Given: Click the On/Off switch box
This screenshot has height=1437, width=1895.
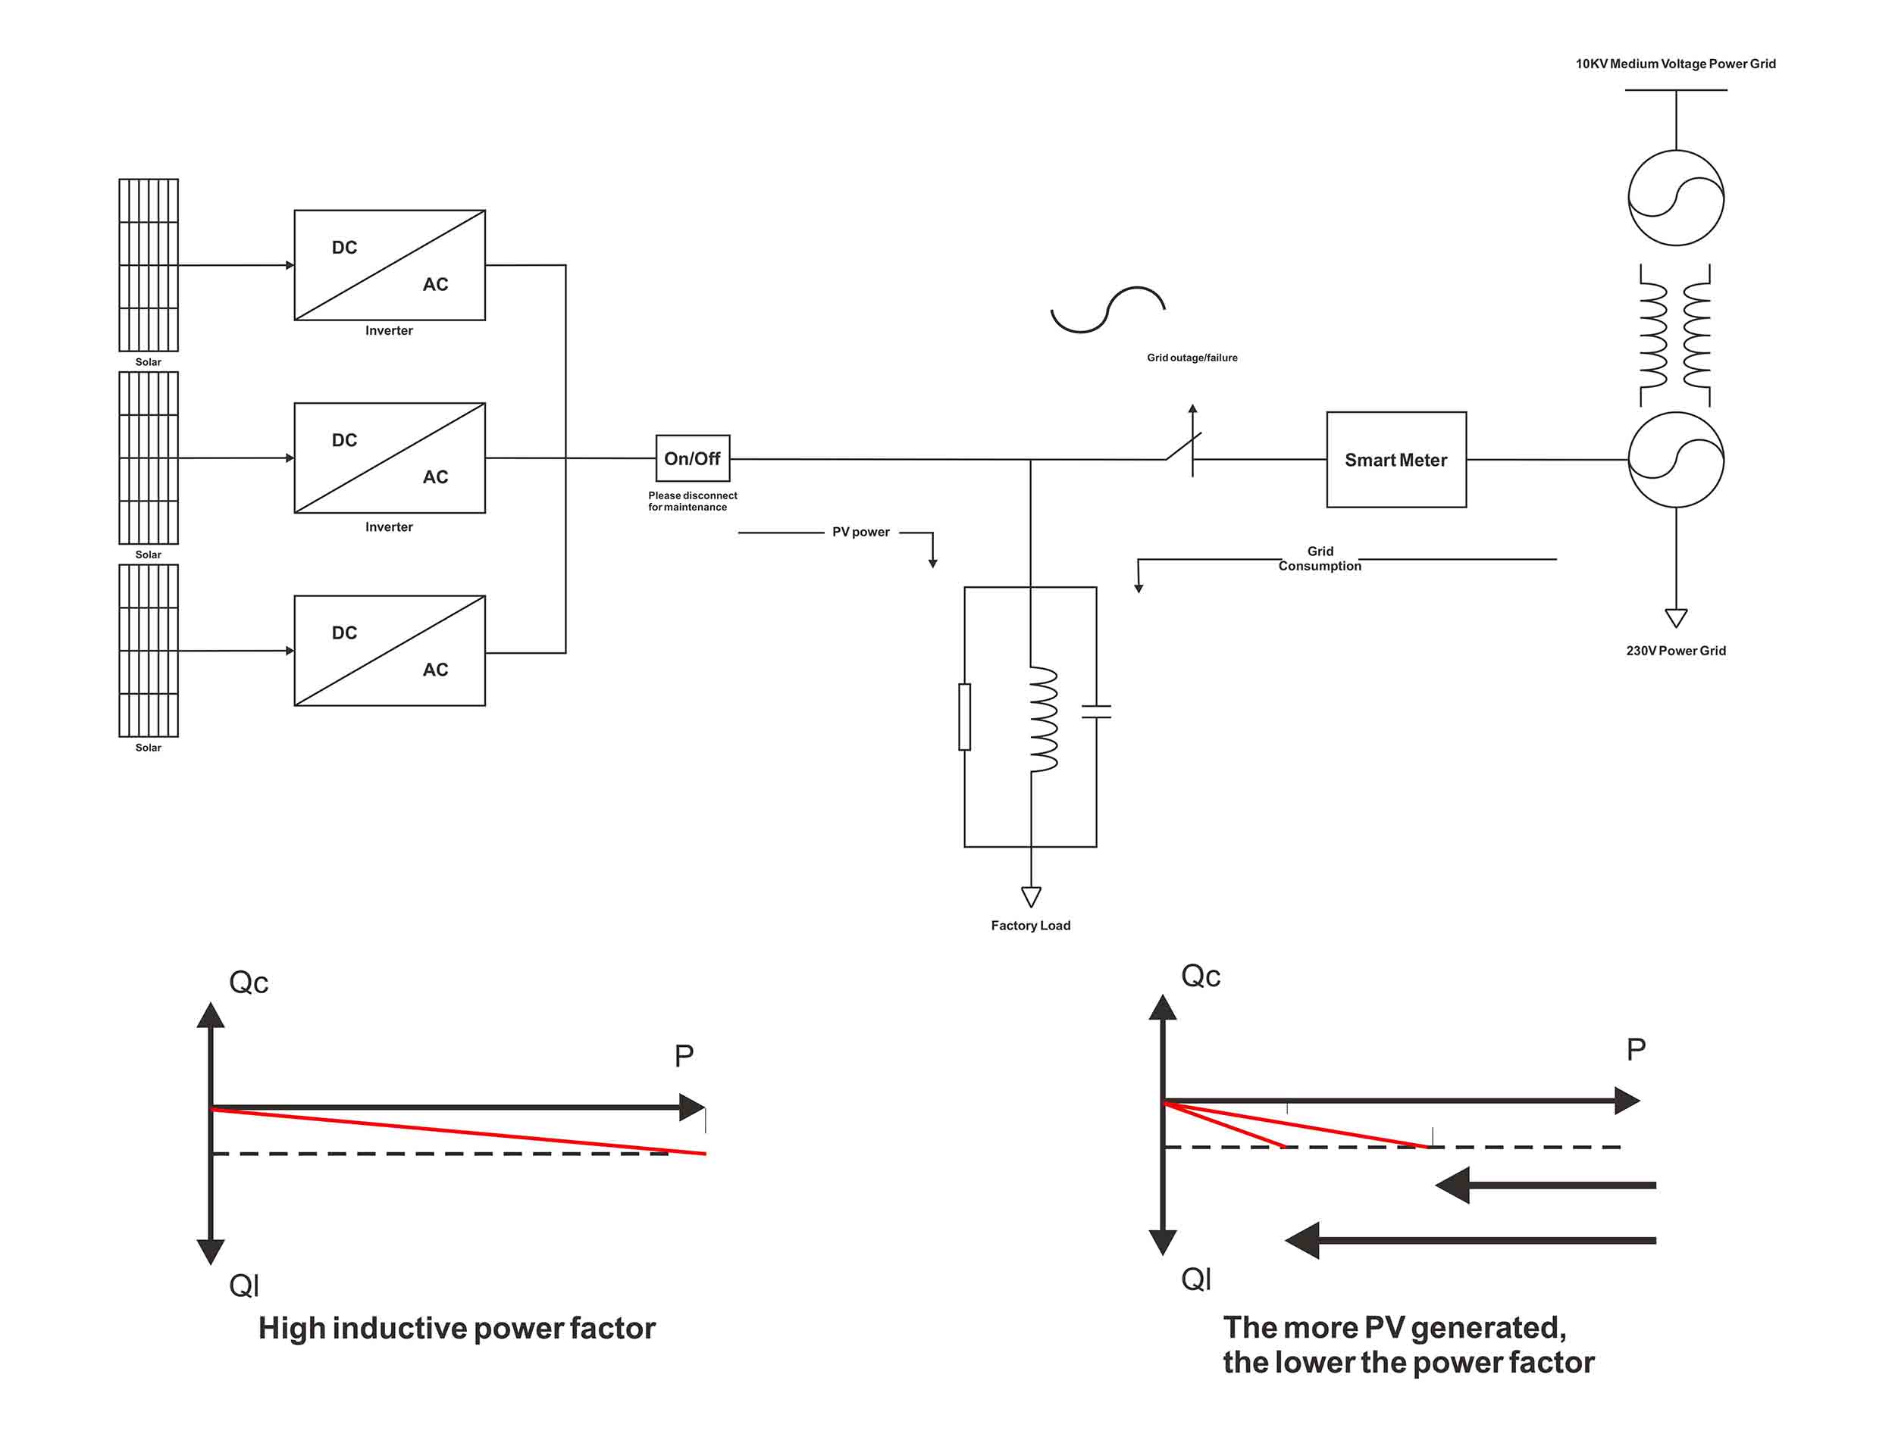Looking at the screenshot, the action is point(692,458).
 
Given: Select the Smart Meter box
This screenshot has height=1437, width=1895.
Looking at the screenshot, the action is point(1396,460).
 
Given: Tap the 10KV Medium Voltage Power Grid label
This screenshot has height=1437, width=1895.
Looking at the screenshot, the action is point(1676,64).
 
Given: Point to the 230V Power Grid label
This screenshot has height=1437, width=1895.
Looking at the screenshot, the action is point(1676,651).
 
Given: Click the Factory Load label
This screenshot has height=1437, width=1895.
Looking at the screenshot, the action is point(1031,926).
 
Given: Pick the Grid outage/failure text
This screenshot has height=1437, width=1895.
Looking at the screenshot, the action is point(1192,358).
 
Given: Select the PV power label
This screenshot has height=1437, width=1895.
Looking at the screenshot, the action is point(861,532).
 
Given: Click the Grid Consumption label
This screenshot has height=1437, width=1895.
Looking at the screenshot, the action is point(1320,558).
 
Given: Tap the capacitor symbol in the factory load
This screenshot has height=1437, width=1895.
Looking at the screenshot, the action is point(1097,711).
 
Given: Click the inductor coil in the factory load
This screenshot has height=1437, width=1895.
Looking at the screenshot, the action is point(1044,720).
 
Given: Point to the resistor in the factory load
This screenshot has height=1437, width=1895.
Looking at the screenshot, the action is point(965,717).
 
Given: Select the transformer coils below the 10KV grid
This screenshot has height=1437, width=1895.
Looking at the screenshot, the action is point(1675,335).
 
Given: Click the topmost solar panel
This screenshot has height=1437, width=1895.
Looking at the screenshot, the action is point(149,264).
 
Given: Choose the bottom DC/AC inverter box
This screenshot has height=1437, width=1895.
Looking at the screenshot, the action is point(390,651).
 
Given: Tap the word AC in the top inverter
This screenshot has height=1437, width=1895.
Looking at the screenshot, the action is point(435,284).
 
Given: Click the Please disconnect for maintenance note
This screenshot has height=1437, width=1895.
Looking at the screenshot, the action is point(692,501).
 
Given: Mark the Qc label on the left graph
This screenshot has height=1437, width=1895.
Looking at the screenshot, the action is point(249,982).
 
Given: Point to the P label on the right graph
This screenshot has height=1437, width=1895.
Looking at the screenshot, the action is point(1637,1049).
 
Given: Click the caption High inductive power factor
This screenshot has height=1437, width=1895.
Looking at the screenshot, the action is point(456,1328).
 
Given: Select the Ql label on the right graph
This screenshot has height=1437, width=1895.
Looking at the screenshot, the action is point(1196,1279).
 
